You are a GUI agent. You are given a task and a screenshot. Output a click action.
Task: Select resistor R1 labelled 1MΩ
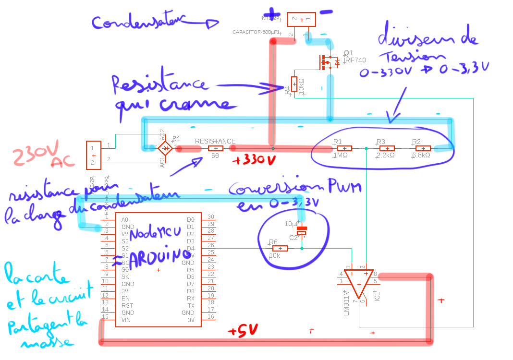(344, 148)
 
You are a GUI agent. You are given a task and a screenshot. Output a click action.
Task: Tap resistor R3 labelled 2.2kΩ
(387, 148)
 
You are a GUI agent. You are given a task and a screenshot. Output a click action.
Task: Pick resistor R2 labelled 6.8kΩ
(423, 148)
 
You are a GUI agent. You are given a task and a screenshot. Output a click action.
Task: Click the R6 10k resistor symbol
(280, 248)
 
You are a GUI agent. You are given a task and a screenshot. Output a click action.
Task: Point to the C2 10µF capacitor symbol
(302, 230)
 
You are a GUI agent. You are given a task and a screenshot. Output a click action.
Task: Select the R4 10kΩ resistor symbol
(294, 84)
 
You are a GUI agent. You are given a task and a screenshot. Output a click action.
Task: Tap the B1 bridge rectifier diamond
(166, 148)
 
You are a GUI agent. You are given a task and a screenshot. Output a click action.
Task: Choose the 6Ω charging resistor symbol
(215, 148)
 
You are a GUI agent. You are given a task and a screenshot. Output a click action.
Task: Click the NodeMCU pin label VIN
(126, 320)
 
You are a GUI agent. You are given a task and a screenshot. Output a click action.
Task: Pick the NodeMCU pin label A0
(124, 219)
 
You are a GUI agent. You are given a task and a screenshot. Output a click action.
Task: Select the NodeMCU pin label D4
(191, 248)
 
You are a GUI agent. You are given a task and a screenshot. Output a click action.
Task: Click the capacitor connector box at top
(301, 19)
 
